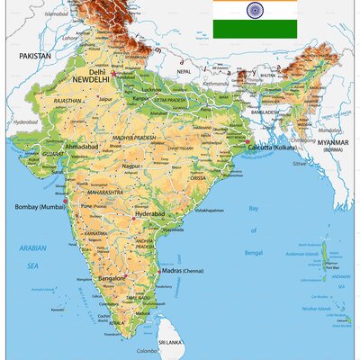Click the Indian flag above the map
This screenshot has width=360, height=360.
[255, 19]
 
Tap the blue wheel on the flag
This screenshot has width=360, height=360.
[255, 12]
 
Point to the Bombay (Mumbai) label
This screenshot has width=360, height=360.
[40, 207]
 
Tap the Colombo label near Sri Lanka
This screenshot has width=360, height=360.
[146, 351]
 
